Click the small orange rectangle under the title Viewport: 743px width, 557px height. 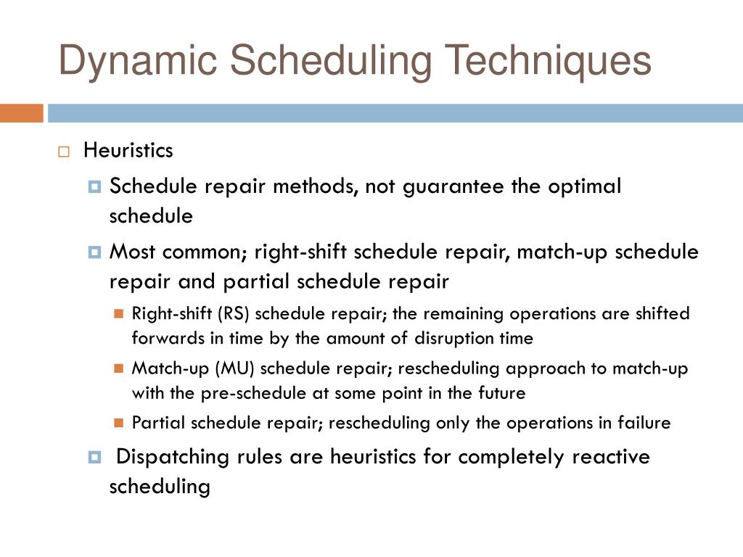(x=22, y=113)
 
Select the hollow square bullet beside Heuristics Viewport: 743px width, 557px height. (x=64, y=152)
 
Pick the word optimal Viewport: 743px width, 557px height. (x=584, y=186)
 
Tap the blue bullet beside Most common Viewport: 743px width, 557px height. (x=94, y=252)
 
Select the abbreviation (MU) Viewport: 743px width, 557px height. (x=234, y=368)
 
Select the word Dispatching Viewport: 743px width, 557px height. (x=173, y=458)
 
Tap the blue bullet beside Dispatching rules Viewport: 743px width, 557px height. (x=94, y=457)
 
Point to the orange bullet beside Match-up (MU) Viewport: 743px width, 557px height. (x=119, y=368)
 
